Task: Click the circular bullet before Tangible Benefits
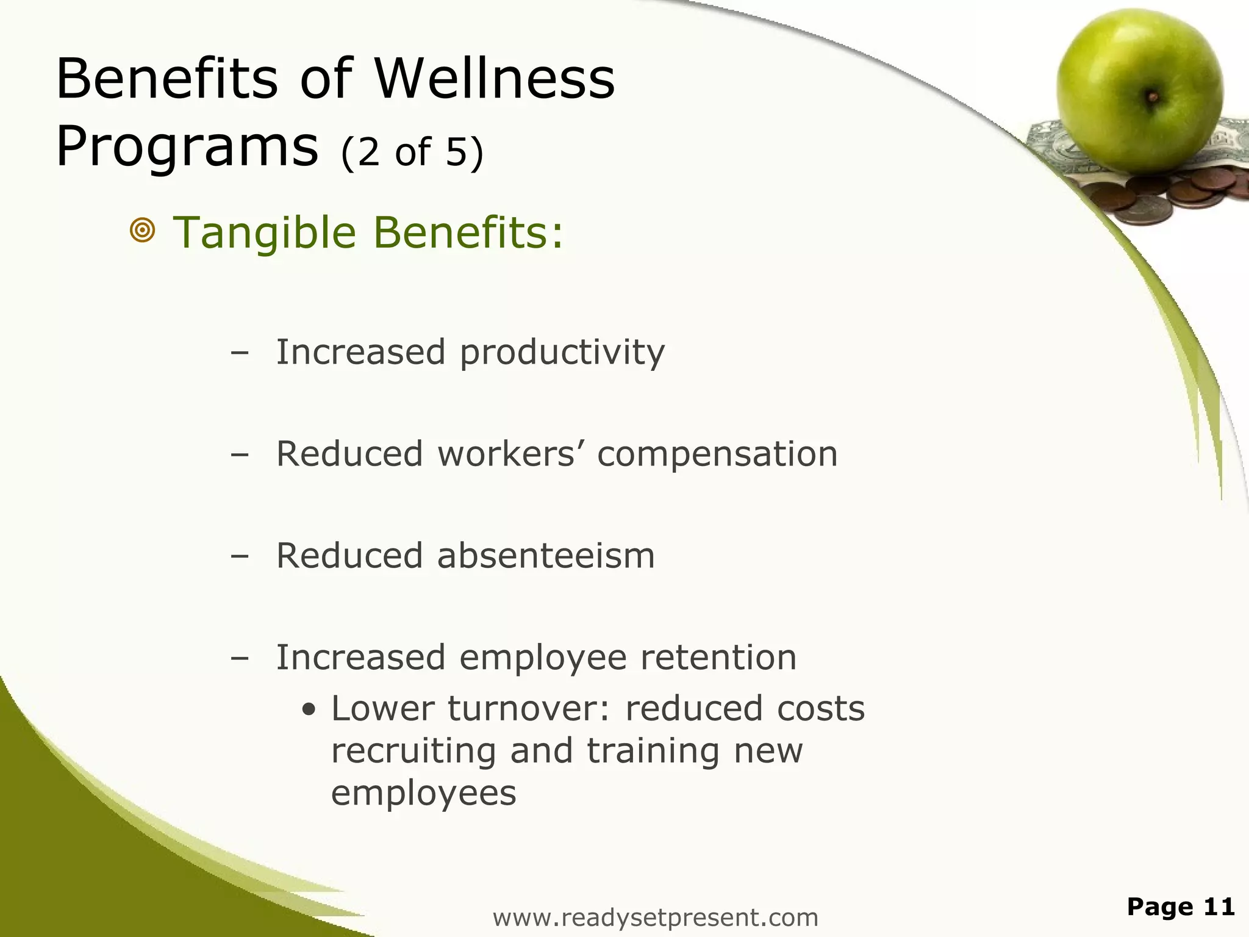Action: pos(143,231)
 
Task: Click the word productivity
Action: pos(562,353)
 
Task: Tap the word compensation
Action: pos(717,454)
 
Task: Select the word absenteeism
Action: pos(546,556)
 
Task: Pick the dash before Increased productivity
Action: pos(240,353)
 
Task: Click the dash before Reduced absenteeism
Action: pos(240,556)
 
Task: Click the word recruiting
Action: pos(413,751)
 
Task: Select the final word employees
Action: pos(423,793)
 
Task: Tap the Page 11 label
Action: pos(1180,906)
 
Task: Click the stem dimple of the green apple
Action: pos(1152,96)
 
